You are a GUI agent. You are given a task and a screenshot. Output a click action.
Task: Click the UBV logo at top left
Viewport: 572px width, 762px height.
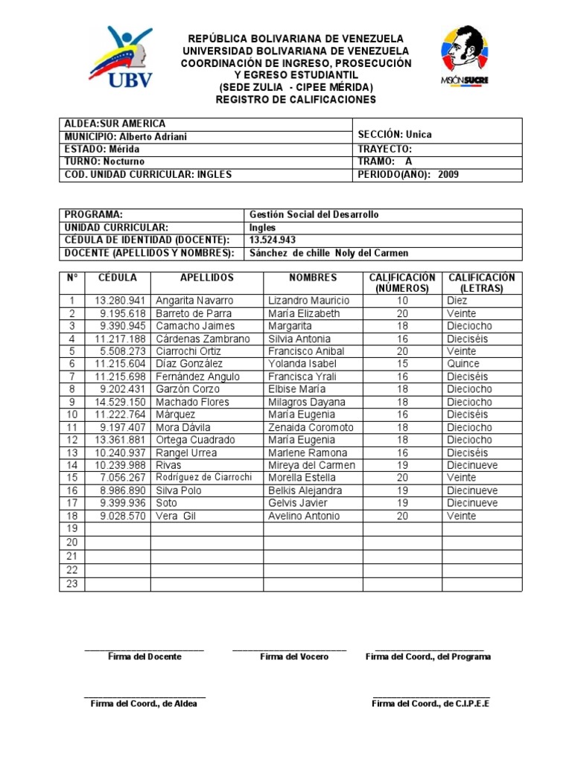pyautogui.click(x=121, y=58)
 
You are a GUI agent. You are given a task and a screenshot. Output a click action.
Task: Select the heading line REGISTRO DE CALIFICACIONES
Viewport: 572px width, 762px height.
pyautogui.click(x=296, y=100)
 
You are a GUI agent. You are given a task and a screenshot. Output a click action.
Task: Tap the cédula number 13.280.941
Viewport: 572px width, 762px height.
pyautogui.click(x=120, y=301)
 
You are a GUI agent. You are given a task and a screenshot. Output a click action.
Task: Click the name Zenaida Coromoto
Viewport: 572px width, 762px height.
pyautogui.click(x=311, y=428)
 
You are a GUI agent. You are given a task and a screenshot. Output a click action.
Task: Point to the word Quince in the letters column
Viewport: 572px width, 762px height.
pyautogui.click(x=464, y=364)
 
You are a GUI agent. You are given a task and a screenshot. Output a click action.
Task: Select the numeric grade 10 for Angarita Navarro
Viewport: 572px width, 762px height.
pyautogui.click(x=402, y=301)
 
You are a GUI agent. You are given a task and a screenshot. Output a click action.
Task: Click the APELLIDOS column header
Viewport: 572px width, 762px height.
pyautogui.click(x=206, y=278)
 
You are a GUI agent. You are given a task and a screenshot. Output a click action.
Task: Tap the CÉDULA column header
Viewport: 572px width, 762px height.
pyautogui.click(x=118, y=278)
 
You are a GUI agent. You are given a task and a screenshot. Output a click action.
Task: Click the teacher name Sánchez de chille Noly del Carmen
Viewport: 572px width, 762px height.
pyautogui.click(x=328, y=253)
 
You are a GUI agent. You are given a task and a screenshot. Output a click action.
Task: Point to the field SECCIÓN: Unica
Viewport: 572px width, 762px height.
pyautogui.click(x=395, y=135)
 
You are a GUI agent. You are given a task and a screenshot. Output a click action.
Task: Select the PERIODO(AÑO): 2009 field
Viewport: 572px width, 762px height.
pyautogui.click(x=408, y=175)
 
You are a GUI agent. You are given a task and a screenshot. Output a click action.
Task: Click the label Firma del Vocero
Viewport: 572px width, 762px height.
pyautogui.click(x=293, y=657)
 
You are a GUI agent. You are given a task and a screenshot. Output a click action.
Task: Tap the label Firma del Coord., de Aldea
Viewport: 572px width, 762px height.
pyautogui.click(x=144, y=704)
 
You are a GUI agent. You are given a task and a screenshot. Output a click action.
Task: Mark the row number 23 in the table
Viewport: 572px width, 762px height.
pyautogui.click(x=72, y=583)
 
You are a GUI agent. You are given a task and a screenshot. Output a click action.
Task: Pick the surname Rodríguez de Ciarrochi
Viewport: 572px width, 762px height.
pyautogui.click(x=203, y=478)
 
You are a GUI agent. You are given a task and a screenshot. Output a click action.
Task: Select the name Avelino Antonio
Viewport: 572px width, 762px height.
pyautogui.click(x=304, y=516)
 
